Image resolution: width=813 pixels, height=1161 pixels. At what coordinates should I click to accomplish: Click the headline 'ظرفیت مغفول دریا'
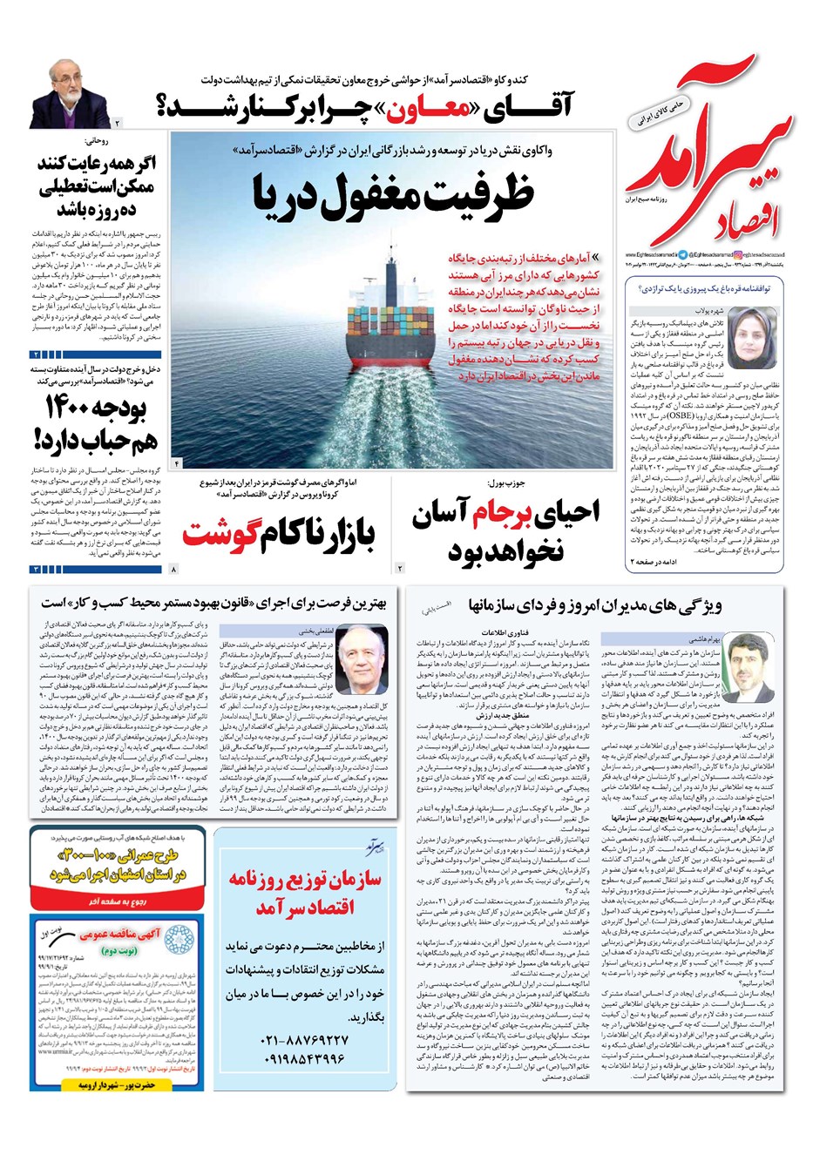394,194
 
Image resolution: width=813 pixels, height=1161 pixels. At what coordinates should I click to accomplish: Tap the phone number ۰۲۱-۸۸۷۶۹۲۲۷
304,1041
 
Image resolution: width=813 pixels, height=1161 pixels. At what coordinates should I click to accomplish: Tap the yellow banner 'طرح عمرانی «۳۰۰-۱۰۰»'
119,863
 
